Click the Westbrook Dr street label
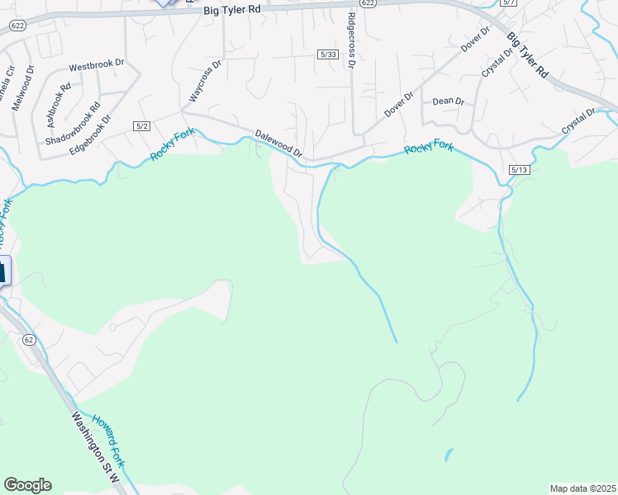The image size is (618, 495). [x=96, y=64]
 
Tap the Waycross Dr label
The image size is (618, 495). [x=206, y=81]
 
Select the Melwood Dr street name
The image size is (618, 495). [x=30, y=83]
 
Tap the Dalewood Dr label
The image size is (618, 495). [x=279, y=144]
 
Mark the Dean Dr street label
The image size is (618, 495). [x=449, y=101]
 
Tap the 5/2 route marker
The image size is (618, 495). [x=141, y=125]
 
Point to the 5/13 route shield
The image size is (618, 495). [x=519, y=169]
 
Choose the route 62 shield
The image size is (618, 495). [x=30, y=339]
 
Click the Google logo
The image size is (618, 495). [x=27, y=485]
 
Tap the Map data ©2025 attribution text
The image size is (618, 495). [x=582, y=488]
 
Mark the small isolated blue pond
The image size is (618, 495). [x=449, y=455]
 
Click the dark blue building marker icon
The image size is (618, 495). [x=3, y=271]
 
